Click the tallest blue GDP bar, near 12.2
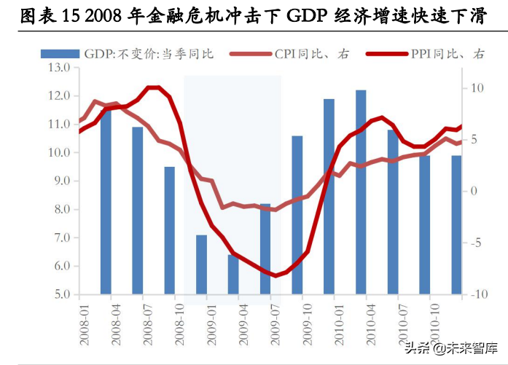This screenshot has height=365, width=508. (361, 193)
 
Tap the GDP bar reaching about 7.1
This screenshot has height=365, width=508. (201, 264)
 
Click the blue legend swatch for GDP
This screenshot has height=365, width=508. (59, 53)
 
